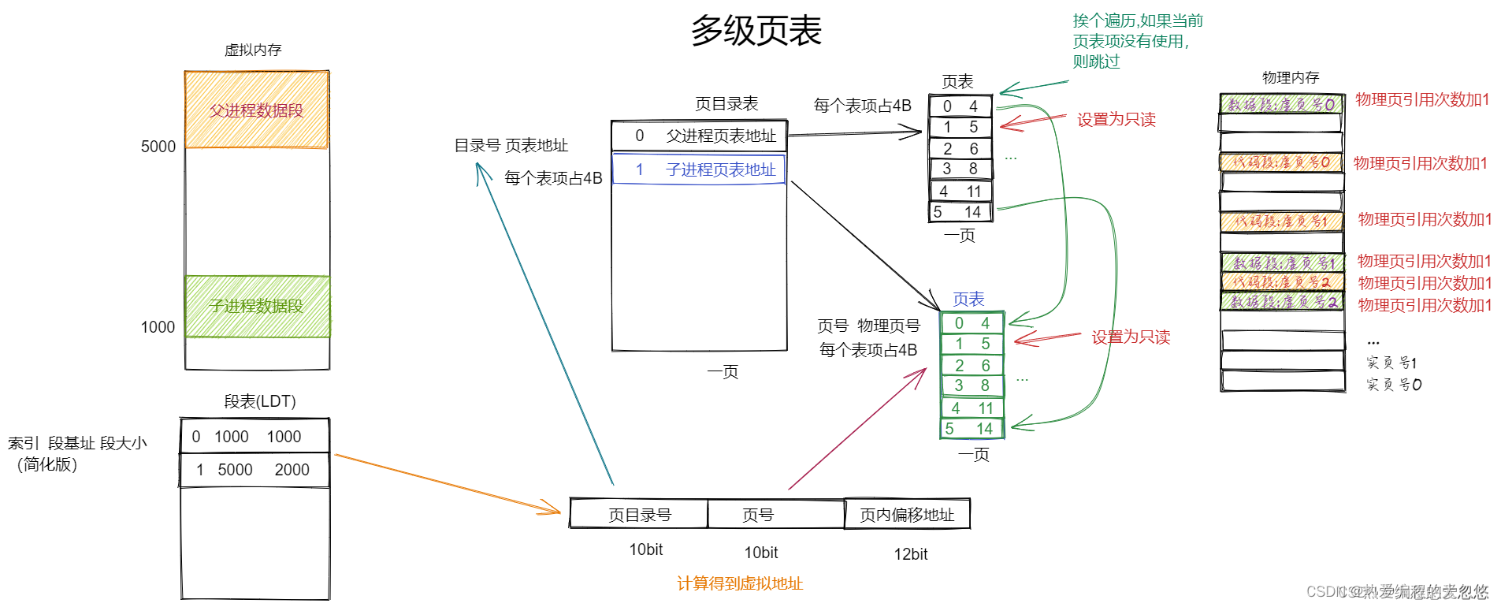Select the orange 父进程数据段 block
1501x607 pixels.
(256, 110)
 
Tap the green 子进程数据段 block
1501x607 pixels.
(257, 306)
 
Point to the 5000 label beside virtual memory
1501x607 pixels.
(158, 147)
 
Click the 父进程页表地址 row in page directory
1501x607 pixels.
(699, 136)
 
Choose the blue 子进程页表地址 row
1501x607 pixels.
(699, 169)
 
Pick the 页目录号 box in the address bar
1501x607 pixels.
(639, 515)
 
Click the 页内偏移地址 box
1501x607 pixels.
(907, 515)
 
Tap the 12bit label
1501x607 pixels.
(910, 554)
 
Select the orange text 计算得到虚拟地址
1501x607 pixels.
(740, 583)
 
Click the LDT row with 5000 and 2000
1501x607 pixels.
(255, 470)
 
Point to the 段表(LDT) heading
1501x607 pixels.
(260, 401)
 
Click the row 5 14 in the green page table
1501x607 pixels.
(972, 429)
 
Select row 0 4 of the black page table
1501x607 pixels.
(960, 106)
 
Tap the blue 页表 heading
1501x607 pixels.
(968, 300)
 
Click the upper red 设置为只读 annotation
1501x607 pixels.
(1116, 120)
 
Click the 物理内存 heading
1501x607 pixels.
(1290, 77)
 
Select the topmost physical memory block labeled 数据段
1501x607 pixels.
(1281, 104)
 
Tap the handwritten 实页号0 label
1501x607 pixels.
(1394, 385)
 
